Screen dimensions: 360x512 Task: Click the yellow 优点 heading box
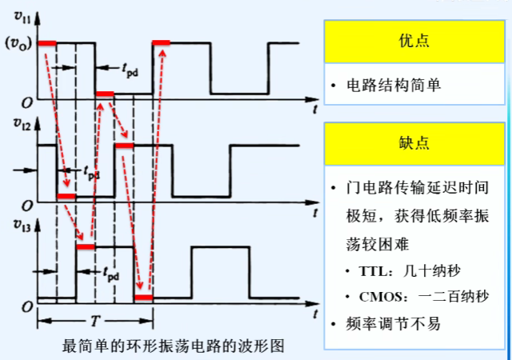(414, 42)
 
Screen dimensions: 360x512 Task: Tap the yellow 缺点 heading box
(414, 143)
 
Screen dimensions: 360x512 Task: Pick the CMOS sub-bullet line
(418, 297)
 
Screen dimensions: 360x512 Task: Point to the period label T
(95, 321)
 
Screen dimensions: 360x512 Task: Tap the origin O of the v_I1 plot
(26, 103)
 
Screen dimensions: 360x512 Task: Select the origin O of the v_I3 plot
(26, 308)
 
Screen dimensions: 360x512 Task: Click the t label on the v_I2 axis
(317, 211)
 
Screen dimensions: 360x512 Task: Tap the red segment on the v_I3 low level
(144, 298)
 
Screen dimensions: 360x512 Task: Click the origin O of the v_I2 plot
(26, 204)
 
